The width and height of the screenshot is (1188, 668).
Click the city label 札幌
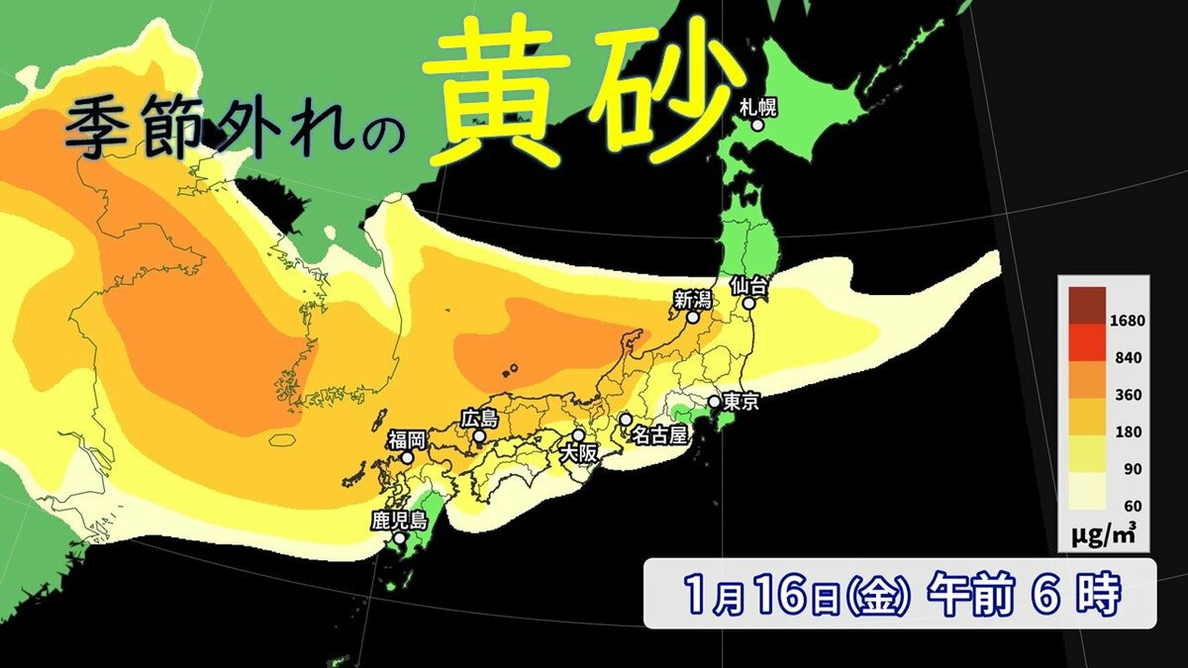[x=758, y=106]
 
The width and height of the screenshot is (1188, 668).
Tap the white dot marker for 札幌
[x=757, y=126]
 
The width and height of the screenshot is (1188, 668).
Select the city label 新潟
[x=692, y=299]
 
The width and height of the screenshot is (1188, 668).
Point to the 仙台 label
[x=749, y=285]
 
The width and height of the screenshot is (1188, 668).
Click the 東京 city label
[x=742, y=402]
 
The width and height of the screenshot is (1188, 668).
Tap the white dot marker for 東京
[x=714, y=402]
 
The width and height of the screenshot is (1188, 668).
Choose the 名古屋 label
[x=658, y=435]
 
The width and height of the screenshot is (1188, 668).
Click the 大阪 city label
[x=579, y=453]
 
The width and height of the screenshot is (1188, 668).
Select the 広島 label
[x=479, y=419]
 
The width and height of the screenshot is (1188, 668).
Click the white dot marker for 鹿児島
[x=399, y=539]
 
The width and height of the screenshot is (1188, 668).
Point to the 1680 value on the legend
[x=1128, y=321]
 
